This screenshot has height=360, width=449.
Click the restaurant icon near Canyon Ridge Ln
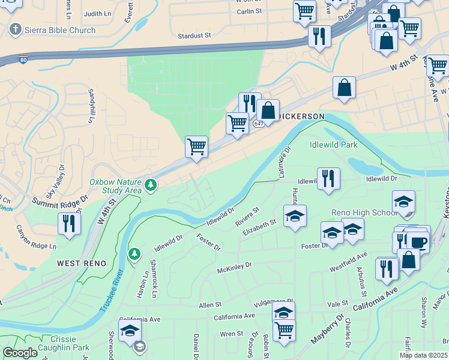(70, 224)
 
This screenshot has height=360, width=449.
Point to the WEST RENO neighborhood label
(82, 263)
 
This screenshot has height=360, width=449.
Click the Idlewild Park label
(333, 145)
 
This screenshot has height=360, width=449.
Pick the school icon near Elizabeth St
(295, 216)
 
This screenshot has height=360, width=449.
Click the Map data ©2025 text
(423, 355)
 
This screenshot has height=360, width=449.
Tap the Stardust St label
(194, 36)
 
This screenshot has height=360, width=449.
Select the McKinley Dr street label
(234, 265)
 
